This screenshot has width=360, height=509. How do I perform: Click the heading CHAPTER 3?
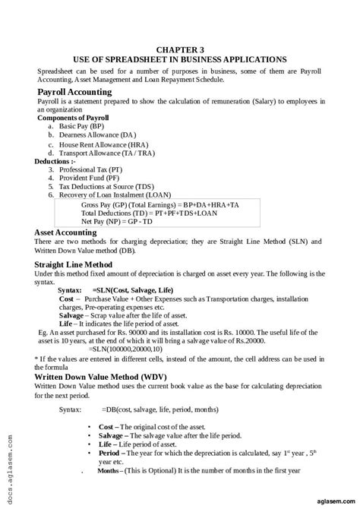(x=179, y=46)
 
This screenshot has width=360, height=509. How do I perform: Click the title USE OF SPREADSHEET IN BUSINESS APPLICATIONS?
(x=180, y=58)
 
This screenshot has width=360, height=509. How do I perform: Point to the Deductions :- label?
(x=55, y=161)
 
